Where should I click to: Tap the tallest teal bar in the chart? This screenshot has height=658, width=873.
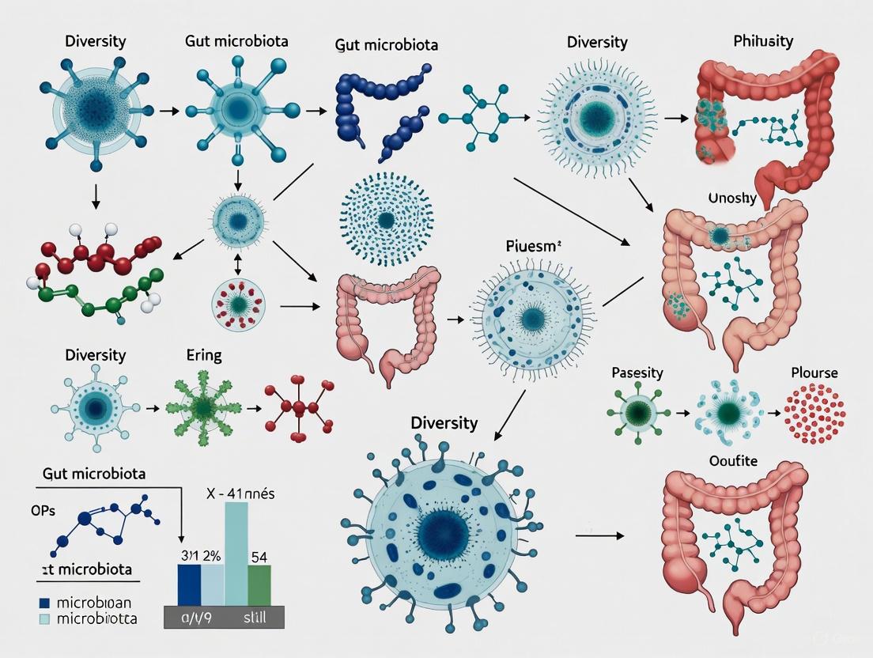(236, 554)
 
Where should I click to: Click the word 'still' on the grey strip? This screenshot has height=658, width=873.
(252, 617)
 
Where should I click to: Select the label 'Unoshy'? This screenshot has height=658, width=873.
(731, 199)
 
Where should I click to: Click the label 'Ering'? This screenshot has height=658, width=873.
(203, 355)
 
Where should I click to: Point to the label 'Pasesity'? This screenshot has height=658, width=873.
(637, 372)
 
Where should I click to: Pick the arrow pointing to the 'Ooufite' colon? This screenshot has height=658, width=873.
(599, 535)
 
